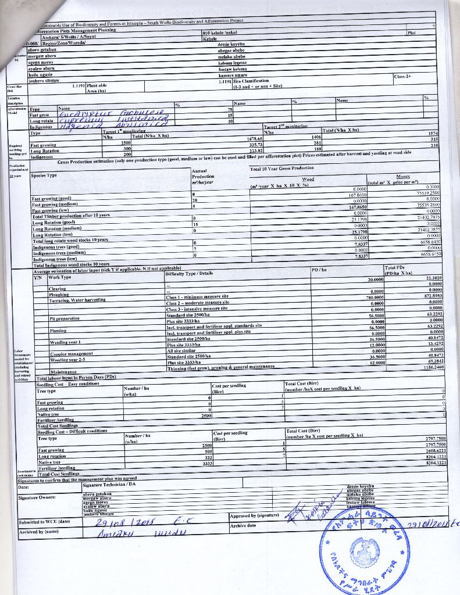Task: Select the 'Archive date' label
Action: click(243, 525)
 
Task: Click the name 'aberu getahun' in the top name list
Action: click(41, 51)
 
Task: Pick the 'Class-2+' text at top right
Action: click(402, 76)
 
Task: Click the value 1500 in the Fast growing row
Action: click(126, 142)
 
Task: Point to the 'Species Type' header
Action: click(44, 175)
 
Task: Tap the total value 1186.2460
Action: click(432, 367)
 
